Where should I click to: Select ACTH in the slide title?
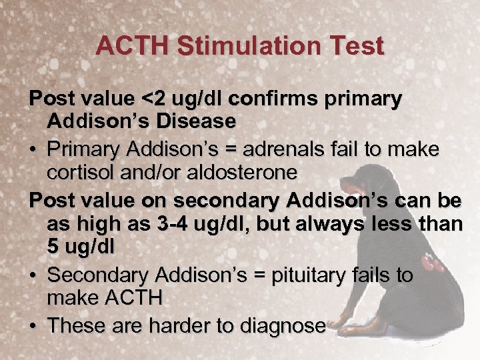click(x=128, y=46)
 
